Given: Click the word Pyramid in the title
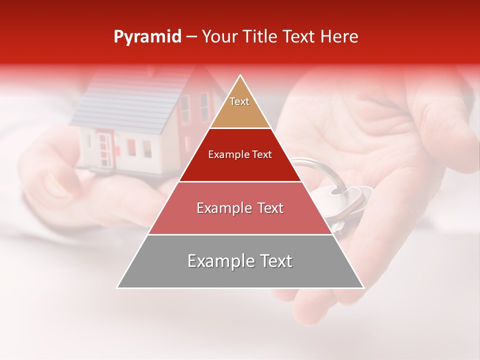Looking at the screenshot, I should pos(147,37).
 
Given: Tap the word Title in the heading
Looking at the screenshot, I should pos(262,37).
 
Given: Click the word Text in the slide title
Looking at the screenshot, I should pos(300,37).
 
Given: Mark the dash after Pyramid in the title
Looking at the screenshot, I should pos(191,37).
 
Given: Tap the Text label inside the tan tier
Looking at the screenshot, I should pos(239,101).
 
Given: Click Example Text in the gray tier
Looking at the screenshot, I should pos(240,261).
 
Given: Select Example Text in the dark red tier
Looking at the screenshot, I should pos(240,154).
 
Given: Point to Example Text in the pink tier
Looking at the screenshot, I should pos(240,208).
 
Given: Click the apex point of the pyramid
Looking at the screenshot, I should pos(240,76).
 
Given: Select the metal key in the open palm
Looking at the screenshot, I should pos(350,200).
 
